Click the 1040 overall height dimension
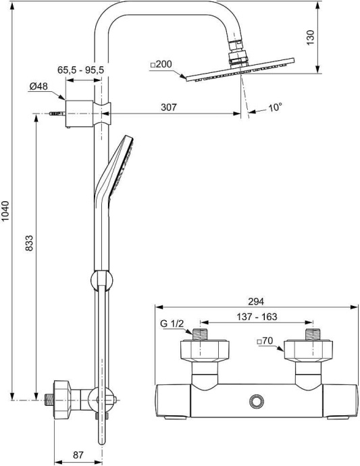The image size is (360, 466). click(x=6, y=213)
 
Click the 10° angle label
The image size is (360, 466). click(x=274, y=107)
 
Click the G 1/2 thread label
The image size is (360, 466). click(x=174, y=326)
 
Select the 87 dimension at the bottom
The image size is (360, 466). click(x=78, y=455)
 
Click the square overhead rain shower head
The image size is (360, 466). click(x=240, y=71)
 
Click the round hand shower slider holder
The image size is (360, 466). click(x=99, y=278)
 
